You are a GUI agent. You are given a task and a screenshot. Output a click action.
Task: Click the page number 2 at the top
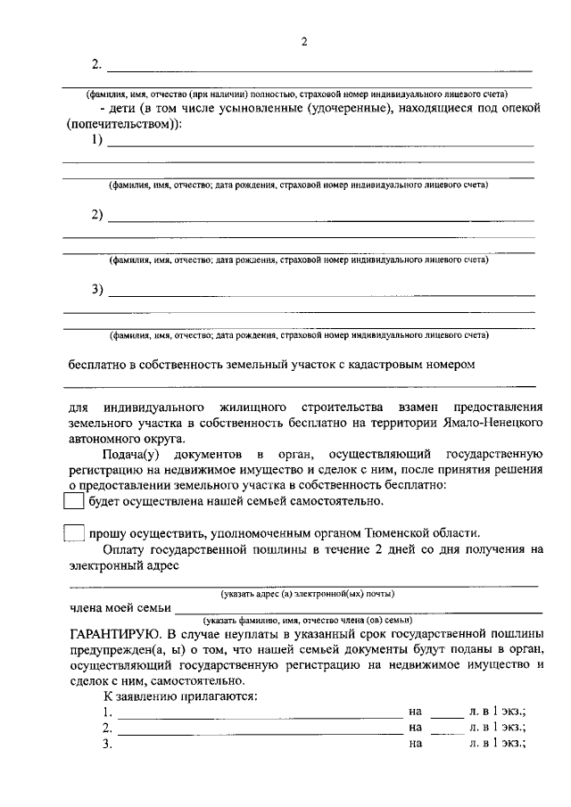303,42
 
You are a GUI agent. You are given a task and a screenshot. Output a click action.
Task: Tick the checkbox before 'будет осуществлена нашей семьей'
74,501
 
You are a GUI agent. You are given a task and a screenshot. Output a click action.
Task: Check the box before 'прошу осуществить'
74,533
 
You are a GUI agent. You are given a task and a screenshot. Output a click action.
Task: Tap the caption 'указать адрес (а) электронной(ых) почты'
308,594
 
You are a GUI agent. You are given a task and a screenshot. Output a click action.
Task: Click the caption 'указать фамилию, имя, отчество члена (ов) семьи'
308,620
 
